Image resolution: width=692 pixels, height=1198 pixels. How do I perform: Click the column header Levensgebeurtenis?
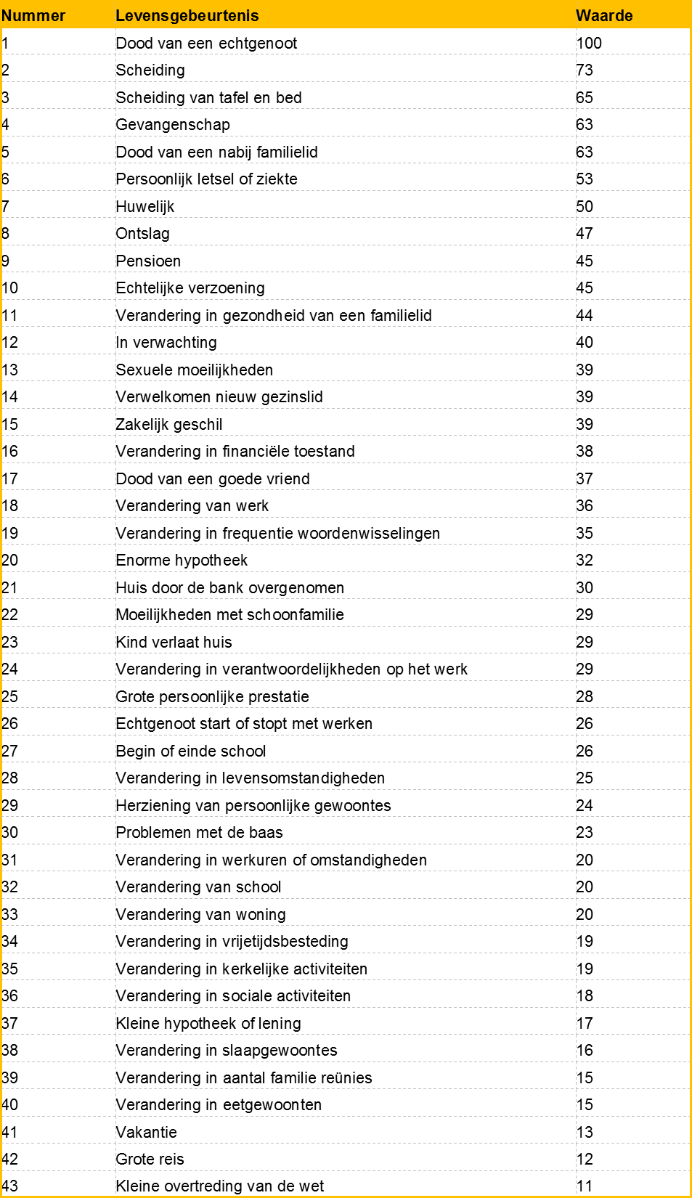click(x=187, y=16)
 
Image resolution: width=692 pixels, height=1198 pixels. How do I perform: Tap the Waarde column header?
click(x=603, y=16)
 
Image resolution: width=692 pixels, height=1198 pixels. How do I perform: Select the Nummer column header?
click(x=33, y=16)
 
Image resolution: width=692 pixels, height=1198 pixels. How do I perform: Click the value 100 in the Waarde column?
click(x=589, y=44)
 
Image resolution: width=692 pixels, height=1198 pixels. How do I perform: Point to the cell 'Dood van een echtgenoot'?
click(x=206, y=44)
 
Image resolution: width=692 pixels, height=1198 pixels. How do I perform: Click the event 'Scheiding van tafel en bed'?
click(x=208, y=98)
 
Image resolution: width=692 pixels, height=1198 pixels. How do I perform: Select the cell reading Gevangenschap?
click(x=173, y=125)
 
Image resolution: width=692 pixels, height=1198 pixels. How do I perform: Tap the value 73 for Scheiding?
click(x=585, y=70)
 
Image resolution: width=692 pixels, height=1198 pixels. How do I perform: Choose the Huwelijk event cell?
click(x=145, y=207)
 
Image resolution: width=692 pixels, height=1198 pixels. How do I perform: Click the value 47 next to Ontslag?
click(x=585, y=234)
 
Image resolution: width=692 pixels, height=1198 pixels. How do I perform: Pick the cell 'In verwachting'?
click(x=166, y=343)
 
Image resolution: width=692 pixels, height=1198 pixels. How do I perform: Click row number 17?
click(x=10, y=479)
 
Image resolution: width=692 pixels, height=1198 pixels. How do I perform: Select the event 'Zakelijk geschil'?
click(x=169, y=425)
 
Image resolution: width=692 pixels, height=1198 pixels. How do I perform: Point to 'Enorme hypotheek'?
click(x=182, y=561)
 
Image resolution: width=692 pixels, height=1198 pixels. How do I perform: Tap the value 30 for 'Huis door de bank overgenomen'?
click(x=585, y=588)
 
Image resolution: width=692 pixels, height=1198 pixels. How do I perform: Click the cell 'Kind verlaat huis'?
click(x=174, y=643)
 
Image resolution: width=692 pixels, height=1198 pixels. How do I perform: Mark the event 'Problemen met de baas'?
click(x=199, y=833)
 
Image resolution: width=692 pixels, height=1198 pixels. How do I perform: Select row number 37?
click(x=10, y=1024)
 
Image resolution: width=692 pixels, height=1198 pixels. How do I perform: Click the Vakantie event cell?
click(x=146, y=1133)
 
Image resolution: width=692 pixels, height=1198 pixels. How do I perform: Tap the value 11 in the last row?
click(x=585, y=1186)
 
